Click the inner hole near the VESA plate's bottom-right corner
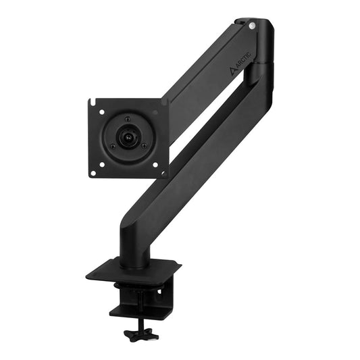155,163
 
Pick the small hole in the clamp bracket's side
159,291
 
